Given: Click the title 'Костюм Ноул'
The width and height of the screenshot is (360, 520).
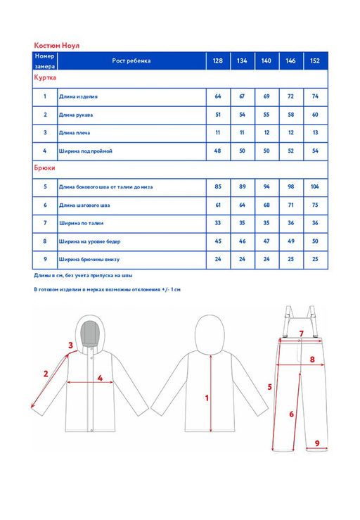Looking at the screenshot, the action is (x=57, y=46).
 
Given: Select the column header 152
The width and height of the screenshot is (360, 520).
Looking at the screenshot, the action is (x=315, y=61).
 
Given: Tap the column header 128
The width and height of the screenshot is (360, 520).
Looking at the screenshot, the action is (x=218, y=61).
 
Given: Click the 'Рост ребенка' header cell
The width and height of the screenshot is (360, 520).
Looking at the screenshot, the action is (x=131, y=61).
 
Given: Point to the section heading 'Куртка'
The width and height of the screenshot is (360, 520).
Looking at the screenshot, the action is (x=45, y=77).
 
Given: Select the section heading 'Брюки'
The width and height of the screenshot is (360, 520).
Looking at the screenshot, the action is (x=44, y=167).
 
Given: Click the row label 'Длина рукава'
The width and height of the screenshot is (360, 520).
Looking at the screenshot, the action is (x=76, y=115).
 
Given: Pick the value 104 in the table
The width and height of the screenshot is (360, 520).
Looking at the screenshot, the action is (x=315, y=186).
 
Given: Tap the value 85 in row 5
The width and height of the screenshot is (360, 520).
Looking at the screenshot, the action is (x=218, y=186).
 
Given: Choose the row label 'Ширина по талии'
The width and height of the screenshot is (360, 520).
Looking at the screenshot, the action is (x=82, y=223).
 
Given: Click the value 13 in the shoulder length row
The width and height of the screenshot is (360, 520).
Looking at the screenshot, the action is (x=315, y=133).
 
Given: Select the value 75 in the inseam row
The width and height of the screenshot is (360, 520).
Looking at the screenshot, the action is (x=315, y=205).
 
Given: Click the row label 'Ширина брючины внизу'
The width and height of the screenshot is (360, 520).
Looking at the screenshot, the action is (x=89, y=260).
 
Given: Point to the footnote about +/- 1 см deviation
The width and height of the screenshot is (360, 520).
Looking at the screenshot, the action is (x=107, y=289).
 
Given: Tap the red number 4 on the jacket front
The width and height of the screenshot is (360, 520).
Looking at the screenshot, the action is (x=100, y=378).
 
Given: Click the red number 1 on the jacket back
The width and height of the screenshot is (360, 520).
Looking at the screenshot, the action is (x=207, y=398).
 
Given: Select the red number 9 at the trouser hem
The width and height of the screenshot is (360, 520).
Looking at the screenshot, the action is (x=317, y=443).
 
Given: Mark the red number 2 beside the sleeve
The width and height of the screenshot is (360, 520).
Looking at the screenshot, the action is (x=46, y=374).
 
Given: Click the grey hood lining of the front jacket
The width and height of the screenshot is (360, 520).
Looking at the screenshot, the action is (x=90, y=334).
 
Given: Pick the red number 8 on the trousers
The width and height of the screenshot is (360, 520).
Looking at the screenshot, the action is (x=312, y=359).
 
